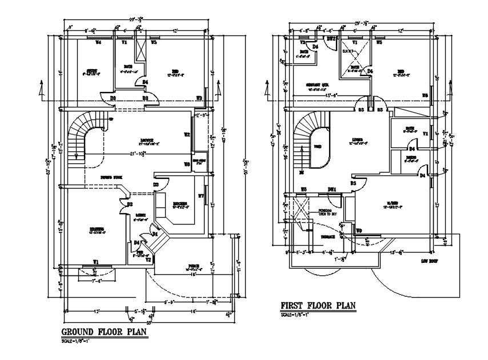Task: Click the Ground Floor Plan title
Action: tap(104, 332)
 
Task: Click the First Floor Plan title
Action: tap(318, 306)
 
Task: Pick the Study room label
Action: tap(93, 72)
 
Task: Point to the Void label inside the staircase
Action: tap(317, 147)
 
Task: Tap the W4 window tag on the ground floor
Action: tap(98, 42)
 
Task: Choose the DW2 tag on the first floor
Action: tap(330, 38)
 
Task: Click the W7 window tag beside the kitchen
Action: tap(201, 197)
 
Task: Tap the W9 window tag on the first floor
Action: tap(358, 230)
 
